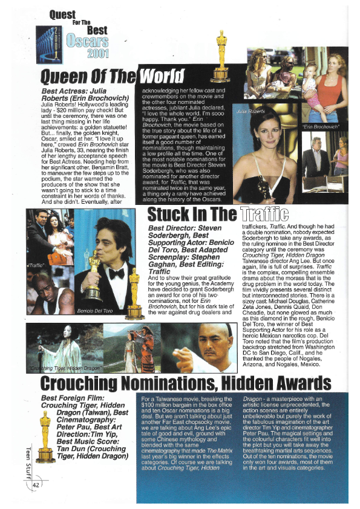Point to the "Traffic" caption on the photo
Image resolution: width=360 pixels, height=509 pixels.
coord(38,265)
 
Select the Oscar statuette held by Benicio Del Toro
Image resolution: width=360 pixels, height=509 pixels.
coord(93,276)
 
